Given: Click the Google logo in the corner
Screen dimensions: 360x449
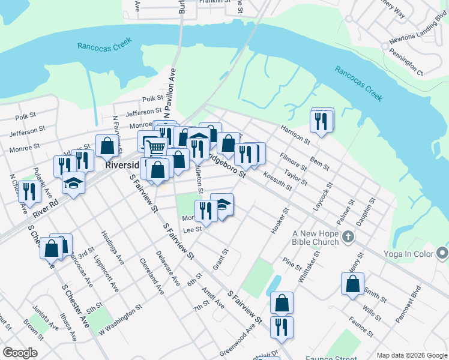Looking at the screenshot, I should (x=20, y=353).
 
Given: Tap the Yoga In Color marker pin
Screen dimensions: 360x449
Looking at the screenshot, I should (x=443, y=254).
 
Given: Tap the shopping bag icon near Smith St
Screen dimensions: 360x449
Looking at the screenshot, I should (x=352, y=284).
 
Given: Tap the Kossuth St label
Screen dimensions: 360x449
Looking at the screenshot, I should (x=277, y=180).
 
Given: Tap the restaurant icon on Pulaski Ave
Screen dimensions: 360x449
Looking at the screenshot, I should (x=27, y=191).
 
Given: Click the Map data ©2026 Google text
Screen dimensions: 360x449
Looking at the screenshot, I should (x=412, y=355).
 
